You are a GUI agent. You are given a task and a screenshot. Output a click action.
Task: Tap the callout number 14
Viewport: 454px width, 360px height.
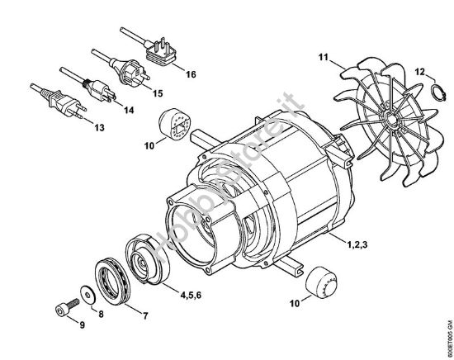pyautogui.click(x=127, y=108)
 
